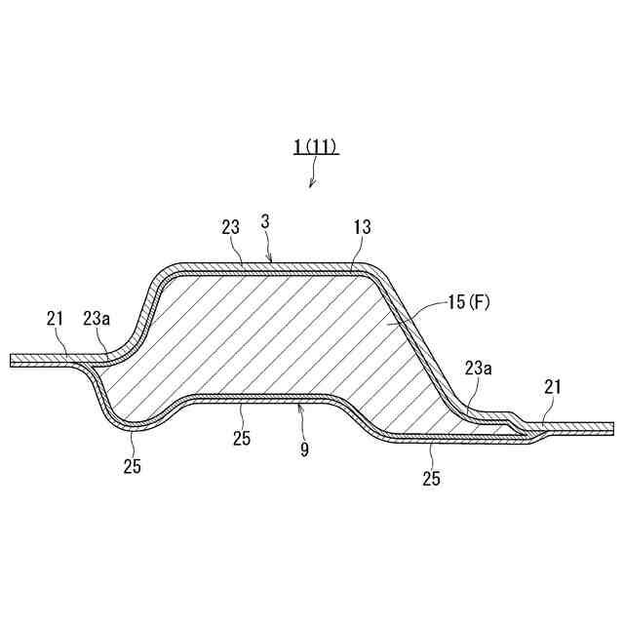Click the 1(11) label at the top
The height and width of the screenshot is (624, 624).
pos(316,146)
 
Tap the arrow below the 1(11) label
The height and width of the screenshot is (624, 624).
pos(314,172)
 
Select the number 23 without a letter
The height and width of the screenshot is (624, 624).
pos(231,227)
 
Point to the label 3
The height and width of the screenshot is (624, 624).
pos(265,221)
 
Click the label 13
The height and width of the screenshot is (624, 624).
pos(362,227)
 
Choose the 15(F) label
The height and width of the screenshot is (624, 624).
pos(469,302)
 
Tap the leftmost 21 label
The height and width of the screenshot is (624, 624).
pos(55,319)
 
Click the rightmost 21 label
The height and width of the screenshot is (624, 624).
pos(553,387)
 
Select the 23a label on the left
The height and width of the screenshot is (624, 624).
pos(97,319)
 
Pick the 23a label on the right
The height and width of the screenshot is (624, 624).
pos(479,369)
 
